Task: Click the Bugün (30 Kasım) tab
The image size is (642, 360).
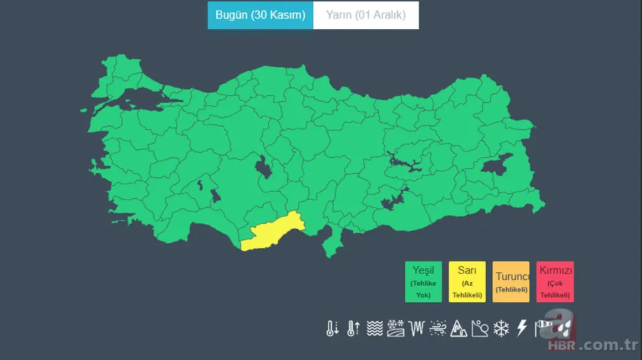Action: pyautogui.click(x=260, y=15)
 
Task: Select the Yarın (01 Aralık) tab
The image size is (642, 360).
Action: pyautogui.click(x=366, y=15)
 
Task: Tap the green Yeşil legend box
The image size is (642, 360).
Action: pyautogui.click(x=424, y=282)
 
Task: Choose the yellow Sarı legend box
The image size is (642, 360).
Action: pyautogui.click(x=467, y=282)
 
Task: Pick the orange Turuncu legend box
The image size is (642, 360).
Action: pyautogui.click(x=511, y=282)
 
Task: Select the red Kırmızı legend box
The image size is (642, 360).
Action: pyautogui.click(x=555, y=282)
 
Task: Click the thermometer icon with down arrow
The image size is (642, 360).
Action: pyautogui.click(x=332, y=329)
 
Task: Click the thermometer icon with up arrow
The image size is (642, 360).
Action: pyautogui.click(x=353, y=329)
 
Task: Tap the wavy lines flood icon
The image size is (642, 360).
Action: pyautogui.click(x=374, y=329)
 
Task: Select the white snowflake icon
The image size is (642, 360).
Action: pyautogui.click(x=501, y=329)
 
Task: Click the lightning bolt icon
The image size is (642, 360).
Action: pyautogui.click(x=522, y=328)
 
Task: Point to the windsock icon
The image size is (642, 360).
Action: pyautogui.click(x=543, y=329)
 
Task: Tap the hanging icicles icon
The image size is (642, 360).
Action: pyautogui.click(x=417, y=329)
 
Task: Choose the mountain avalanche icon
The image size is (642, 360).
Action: pyautogui.click(x=459, y=329)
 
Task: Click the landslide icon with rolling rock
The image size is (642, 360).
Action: pyautogui.click(x=480, y=329)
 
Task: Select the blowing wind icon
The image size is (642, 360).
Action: pyautogui.click(x=438, y=329)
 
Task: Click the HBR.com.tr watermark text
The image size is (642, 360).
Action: pyautogui.click(x=591, y=346)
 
